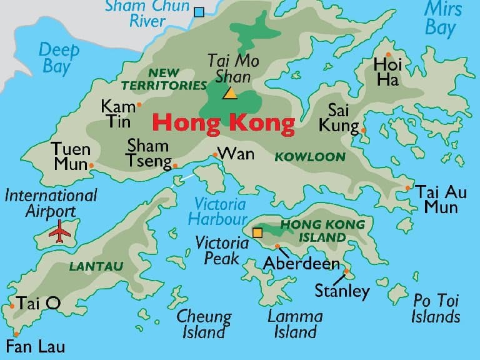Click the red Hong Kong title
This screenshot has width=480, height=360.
[x=224, y=123]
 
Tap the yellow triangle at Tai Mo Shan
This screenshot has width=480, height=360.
[x=230, y=94]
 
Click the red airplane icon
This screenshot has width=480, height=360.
[x=61, y=231]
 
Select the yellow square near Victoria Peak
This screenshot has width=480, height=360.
[x=257, y=233]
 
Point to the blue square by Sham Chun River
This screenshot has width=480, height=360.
[x=199, y=11]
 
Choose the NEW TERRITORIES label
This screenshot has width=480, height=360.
[x=164, y=79]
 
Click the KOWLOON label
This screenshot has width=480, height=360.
[x=310, y=157]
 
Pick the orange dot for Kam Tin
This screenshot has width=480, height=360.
[x=139, y=105]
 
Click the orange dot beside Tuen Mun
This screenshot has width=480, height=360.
[x=92, y=166]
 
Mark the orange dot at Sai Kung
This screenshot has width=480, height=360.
[x=364, y=130]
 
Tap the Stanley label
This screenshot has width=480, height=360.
[x=342, y=291]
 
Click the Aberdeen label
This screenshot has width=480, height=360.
[x=301, y=264]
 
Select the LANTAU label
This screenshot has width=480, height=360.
[x=96, y=266]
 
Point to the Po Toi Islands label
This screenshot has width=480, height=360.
[x=436, y=308]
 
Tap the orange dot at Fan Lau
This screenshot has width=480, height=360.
[x=16, y=334]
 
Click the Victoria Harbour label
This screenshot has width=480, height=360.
[x=219, y=211]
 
